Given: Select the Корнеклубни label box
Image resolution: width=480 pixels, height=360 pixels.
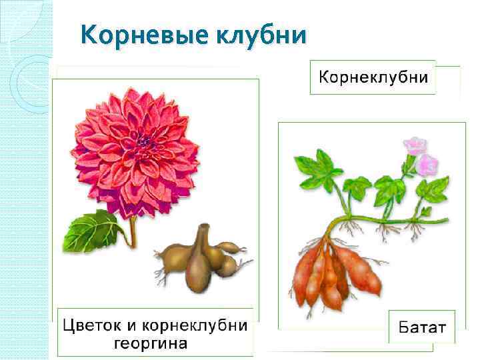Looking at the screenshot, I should click(x=373, y=77).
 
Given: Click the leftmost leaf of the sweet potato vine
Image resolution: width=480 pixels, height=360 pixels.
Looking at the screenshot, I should click(x=319, y=167).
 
